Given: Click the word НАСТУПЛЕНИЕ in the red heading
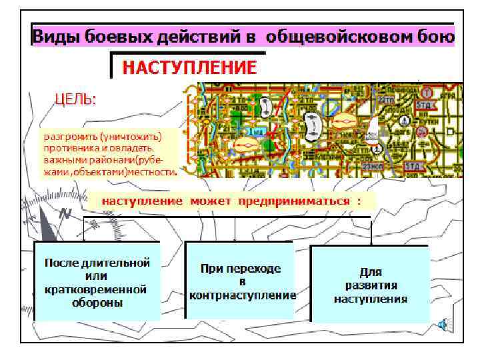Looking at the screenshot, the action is click(189, 67).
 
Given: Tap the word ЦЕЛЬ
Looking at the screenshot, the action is click(75, 99).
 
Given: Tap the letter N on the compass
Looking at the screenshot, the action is click(65, 214).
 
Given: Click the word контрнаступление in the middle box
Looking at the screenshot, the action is click(242, 295).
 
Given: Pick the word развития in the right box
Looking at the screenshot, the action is click(370, 285).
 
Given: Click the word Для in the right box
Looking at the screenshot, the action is click(370, 272).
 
